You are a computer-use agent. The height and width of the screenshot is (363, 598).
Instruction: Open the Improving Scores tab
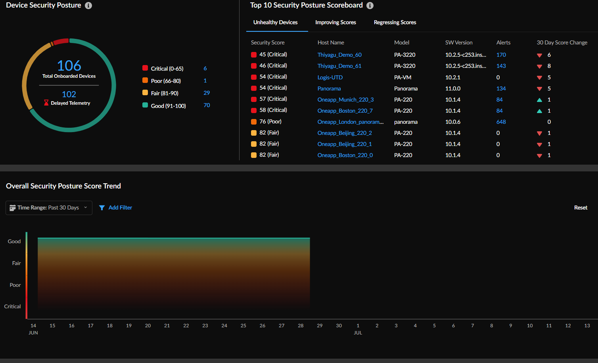(335, 23)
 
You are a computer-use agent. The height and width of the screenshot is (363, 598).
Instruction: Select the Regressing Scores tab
(395, 23)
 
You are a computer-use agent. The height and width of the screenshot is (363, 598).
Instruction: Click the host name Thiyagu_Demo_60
(339, 55)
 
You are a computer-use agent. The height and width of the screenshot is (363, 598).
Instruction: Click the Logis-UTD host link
(330, 77)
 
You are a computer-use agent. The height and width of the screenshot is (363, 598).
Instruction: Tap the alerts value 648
(501, 122)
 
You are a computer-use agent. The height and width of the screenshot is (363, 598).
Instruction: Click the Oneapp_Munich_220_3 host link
(345, 100)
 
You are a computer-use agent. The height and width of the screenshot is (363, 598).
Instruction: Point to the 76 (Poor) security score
(270, 121)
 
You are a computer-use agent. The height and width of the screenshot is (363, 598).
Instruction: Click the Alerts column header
(503, 42)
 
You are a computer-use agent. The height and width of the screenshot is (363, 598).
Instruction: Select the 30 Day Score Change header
(562, 42)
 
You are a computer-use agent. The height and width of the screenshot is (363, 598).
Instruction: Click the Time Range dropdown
(49, 207)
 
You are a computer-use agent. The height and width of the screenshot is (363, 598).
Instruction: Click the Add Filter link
(120, 207)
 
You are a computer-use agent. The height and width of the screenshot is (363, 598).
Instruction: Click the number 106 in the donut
(69, 65)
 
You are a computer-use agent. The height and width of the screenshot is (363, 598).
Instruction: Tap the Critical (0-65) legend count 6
(205, 69)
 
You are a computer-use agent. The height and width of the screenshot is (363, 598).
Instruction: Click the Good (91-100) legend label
(168, 106)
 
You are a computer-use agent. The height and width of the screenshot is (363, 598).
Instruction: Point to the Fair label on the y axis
(16, 263)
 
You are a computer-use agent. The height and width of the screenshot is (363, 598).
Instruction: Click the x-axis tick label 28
(301, 326)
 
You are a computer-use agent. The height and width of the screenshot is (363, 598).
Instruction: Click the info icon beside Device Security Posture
(88, 6)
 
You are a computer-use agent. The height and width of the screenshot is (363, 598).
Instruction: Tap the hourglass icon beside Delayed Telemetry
(46, 103)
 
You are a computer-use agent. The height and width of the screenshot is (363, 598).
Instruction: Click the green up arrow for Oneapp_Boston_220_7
(539, 111)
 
